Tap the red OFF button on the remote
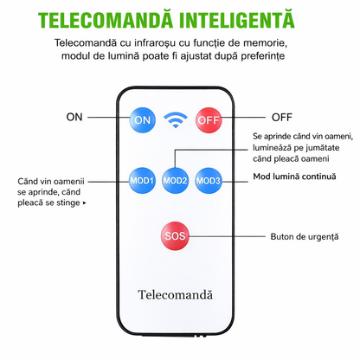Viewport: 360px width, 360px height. tap(209, 120)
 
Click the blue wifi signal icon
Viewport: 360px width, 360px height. tap(176, 119)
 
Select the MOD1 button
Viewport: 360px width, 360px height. tap(142, 181)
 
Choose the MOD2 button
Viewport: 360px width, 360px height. tap(175, 181)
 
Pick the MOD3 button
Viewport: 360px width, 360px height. tap(209, 181)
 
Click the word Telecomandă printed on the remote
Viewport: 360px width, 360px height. tap(176, 295)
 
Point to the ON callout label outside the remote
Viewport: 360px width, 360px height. tap(74, 117)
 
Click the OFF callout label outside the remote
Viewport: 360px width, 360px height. tap(282, 118)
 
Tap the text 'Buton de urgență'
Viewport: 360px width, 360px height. tap(305, 237)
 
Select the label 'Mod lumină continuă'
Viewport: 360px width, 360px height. tap(294, 177)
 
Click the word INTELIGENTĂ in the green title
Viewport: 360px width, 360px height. tap(236, 20)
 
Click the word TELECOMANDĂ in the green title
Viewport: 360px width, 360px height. tap(106, 20)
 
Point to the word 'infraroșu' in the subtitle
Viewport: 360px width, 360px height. tap(155, 43)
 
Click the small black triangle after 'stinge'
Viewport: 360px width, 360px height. tap(84, 203)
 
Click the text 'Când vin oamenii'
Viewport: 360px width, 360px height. tap(51, 182)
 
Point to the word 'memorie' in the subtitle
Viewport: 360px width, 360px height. tap(265, 43)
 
